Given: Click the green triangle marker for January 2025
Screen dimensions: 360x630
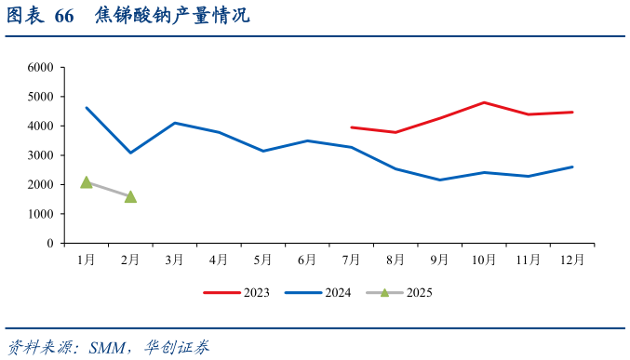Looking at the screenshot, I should click(87, 182).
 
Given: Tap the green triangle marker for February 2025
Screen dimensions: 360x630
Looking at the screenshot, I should click(130, 196).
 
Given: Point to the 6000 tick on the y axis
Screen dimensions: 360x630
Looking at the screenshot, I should click(41, 68).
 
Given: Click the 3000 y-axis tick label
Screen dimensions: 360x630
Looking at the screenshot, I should click(41, 155).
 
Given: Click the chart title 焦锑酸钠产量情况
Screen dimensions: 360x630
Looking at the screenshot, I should click(172, 18).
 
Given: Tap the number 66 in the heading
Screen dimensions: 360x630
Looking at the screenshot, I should click(64, 18).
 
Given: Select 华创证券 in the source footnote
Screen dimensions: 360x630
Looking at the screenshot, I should click(177, 347).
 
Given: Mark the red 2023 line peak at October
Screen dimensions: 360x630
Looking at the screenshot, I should click(484, 102).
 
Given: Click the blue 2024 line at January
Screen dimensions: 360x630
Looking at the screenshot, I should click(87, 108).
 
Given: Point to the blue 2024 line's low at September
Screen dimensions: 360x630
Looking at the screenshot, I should click(439, 180).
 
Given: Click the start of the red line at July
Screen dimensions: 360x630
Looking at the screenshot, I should click(351, 127).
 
